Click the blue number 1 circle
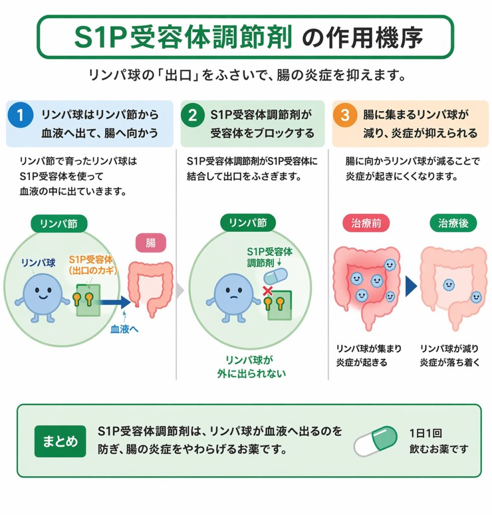20,115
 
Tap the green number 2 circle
192,115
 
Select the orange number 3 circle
345,115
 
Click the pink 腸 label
151,243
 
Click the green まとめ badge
60,441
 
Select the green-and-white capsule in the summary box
375,441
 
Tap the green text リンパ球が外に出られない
248,367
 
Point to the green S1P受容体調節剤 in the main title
183,38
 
